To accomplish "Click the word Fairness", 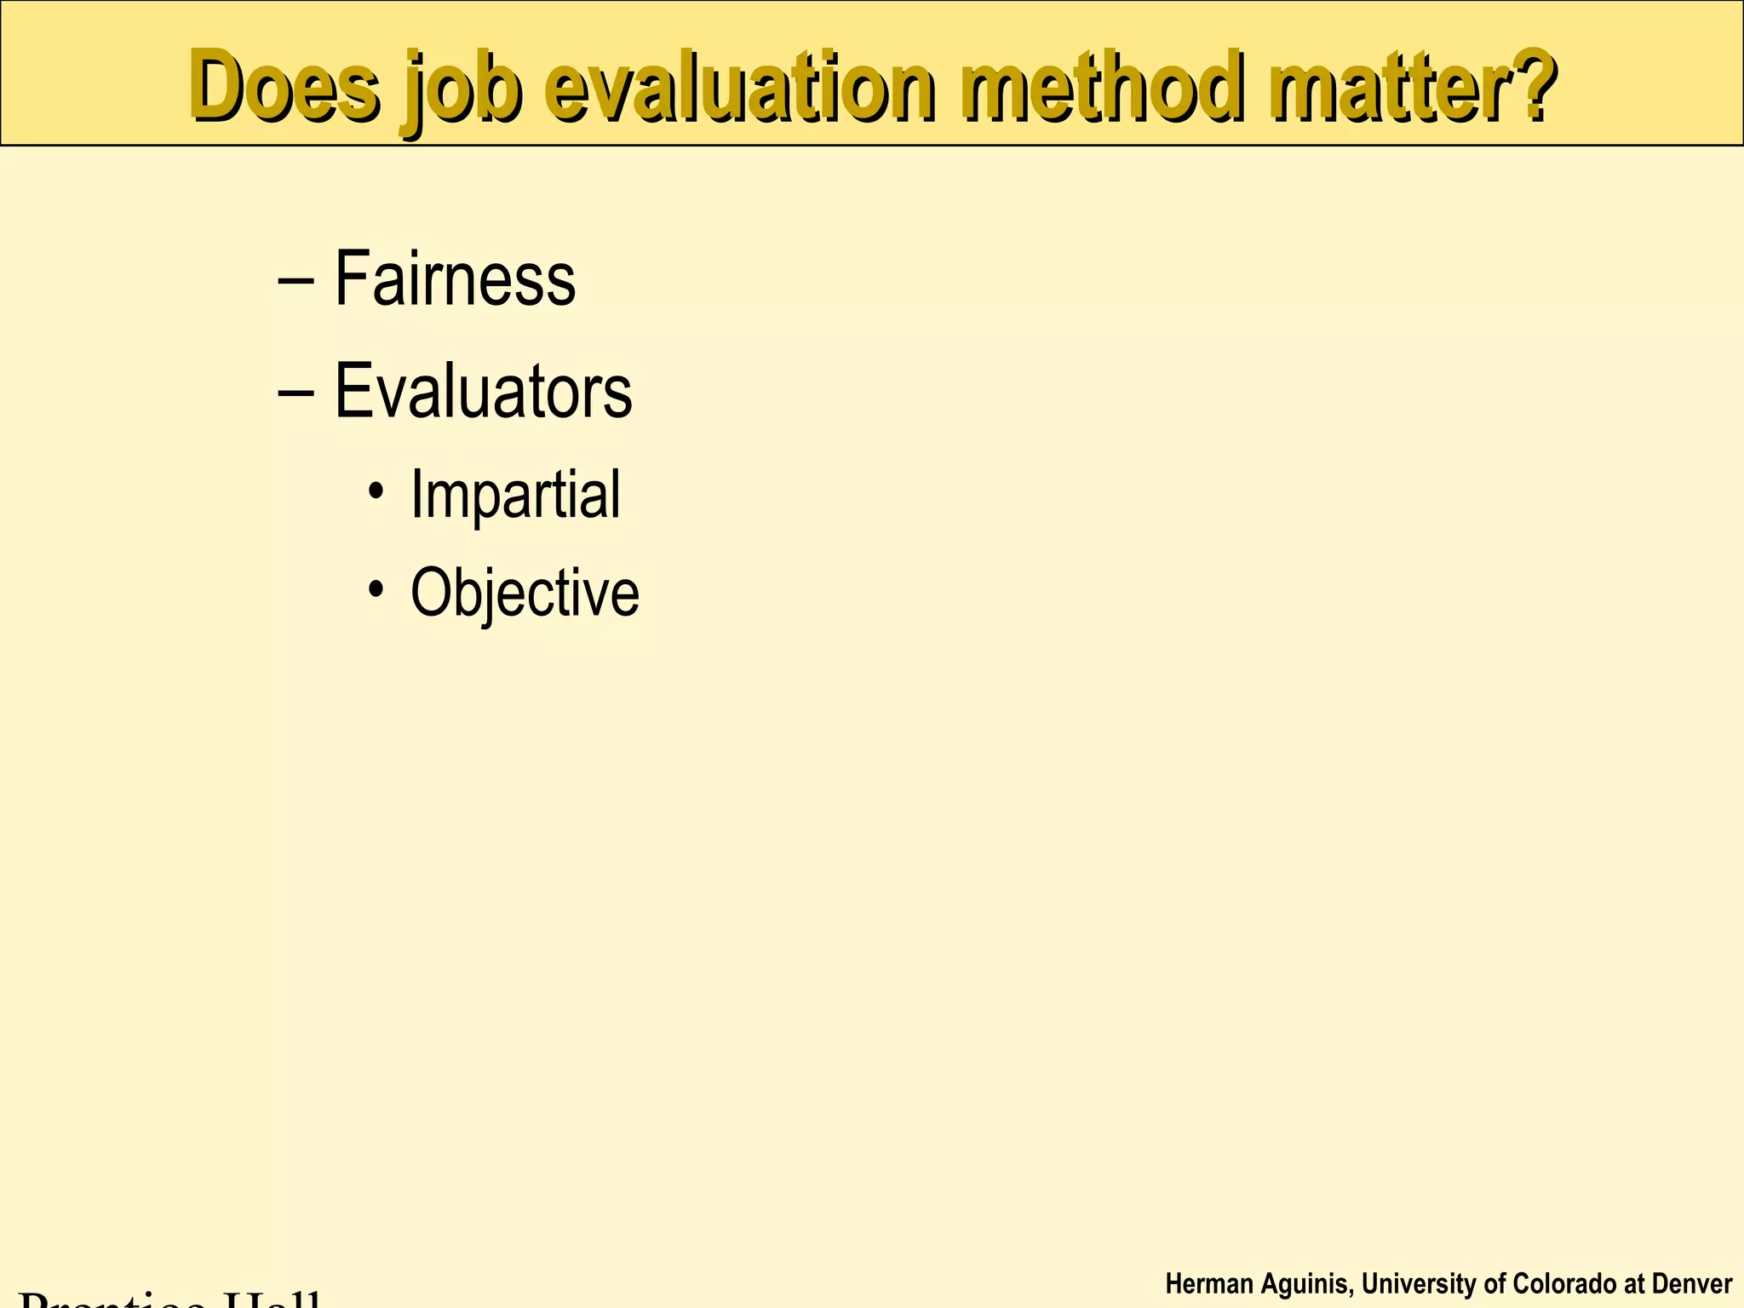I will (455, 278).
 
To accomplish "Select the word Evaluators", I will (483, 391).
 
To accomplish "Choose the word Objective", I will (525, 593).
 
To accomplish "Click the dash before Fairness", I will (295, 280).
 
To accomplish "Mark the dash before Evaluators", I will (295, 393).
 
